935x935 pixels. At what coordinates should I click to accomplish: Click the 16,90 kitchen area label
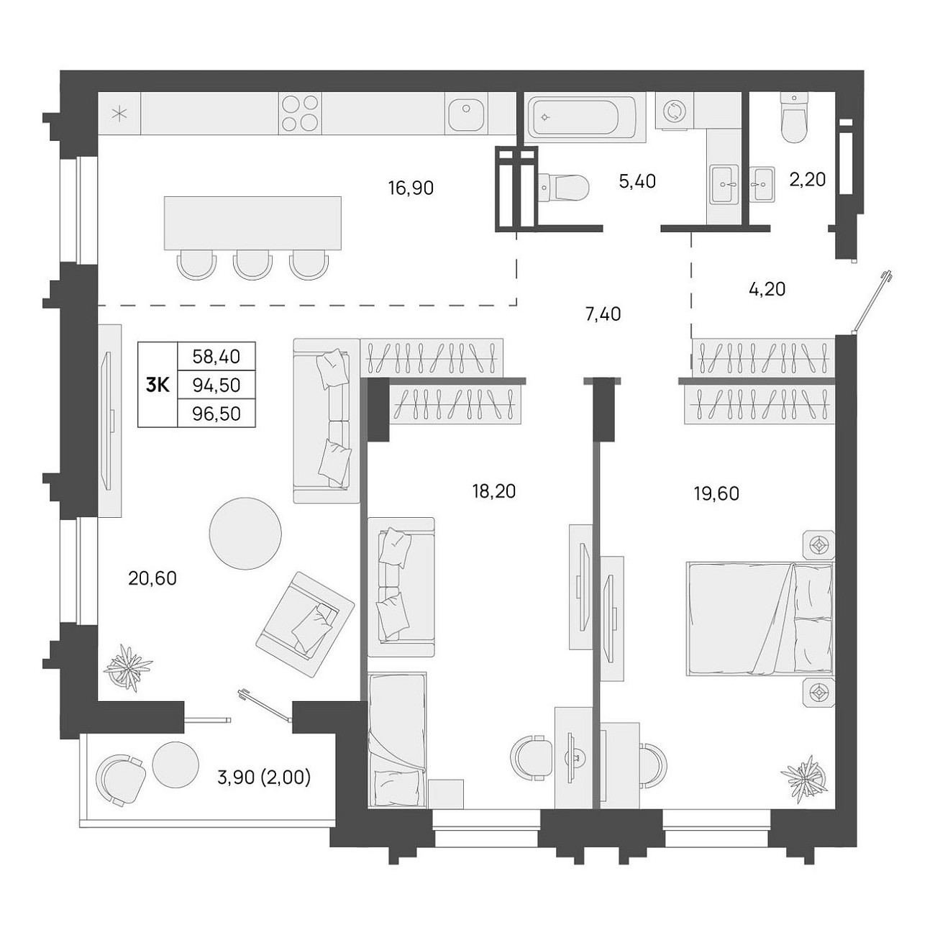click(411, 188)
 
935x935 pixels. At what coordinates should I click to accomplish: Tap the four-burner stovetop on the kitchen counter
click(300, 114)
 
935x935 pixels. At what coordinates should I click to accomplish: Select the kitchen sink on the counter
click(466, 114)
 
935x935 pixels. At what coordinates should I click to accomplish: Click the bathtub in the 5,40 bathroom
click(581, 117)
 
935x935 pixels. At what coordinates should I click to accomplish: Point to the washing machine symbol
click(673, 111)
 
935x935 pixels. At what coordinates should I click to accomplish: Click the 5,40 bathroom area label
click(637, 181)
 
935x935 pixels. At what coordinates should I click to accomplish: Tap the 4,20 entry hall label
click(767, 289)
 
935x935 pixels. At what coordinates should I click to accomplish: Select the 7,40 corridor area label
click(603, 314)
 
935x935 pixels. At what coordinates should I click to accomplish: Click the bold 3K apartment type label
click(158, 386)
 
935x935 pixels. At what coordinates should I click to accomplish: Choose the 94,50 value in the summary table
click(216, 386)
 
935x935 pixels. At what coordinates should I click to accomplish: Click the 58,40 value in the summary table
click(216, 357)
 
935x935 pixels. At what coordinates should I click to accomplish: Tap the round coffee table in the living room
click(245, 533)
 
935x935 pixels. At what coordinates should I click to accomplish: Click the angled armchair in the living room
click(305, 624)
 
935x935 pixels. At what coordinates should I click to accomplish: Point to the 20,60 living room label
click(152, 578)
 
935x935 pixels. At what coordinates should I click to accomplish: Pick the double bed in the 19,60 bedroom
click(760, 619)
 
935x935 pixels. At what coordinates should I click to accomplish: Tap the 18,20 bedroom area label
click(494, 491)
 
